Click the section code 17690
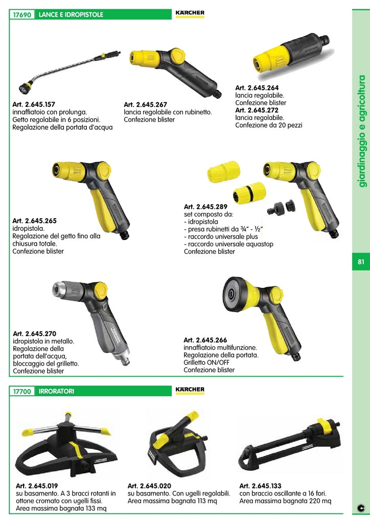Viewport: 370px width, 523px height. (x=22, y=15)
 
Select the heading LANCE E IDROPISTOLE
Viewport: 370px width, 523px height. (x=71, y=15)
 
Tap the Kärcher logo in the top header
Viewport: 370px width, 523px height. (x=190, y=13)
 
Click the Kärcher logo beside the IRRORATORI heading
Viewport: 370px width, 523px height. (x=190, y=390)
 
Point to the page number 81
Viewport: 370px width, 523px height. (x=361, y=262)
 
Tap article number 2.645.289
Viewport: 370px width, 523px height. (x=206, y=207)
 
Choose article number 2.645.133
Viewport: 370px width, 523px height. (x=261, y=486)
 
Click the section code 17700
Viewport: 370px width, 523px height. (x=22, y=392)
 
